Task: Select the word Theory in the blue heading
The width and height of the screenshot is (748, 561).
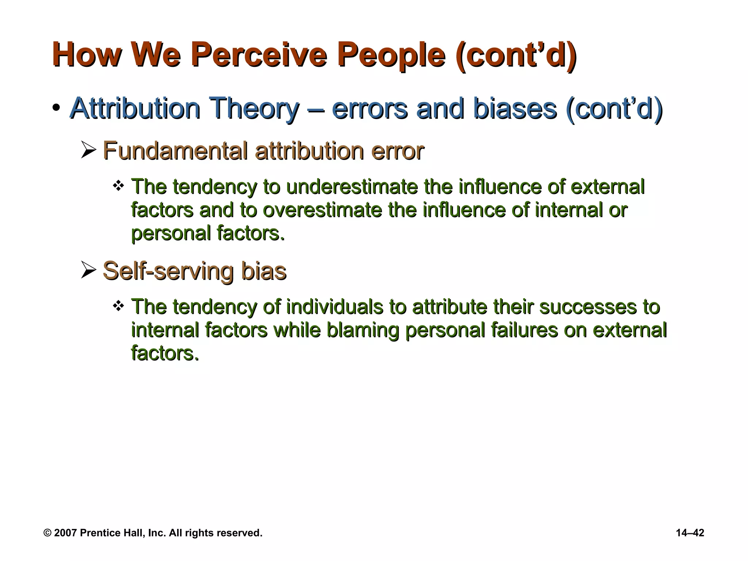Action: pyautogui.click(x=256, y=108)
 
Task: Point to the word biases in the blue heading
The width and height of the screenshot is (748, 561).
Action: pyautogui.click(x=515, y=108)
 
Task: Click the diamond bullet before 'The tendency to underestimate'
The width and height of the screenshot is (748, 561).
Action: pyautogui.click(x=118, y=186)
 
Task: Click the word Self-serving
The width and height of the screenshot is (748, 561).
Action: pyautogui.click(x=168, y=271)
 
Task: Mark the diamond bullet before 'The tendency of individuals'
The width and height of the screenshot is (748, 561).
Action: pyautogui.click(x=118, y=306)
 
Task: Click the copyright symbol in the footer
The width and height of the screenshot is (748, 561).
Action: pyautogui.click(x=47, y=533)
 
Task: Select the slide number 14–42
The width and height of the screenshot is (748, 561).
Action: pyautogui.click(x=690, y=533)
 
